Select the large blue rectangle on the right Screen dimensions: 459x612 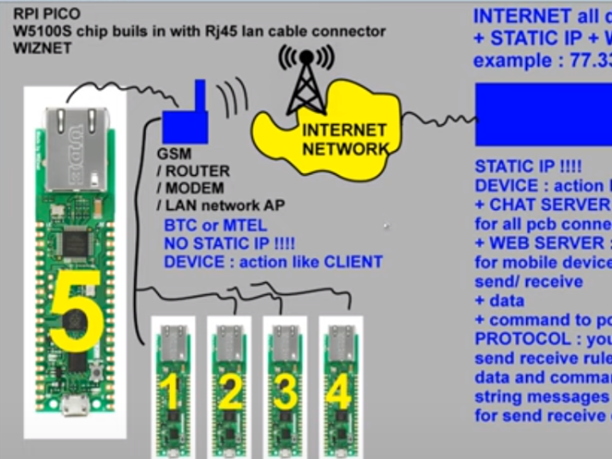click(x=544, y=115)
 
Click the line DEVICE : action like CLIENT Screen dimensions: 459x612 click(x=273, y=262)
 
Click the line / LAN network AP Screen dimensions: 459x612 click(x=221, y=205)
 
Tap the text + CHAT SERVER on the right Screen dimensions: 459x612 click(x=542, y=205)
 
